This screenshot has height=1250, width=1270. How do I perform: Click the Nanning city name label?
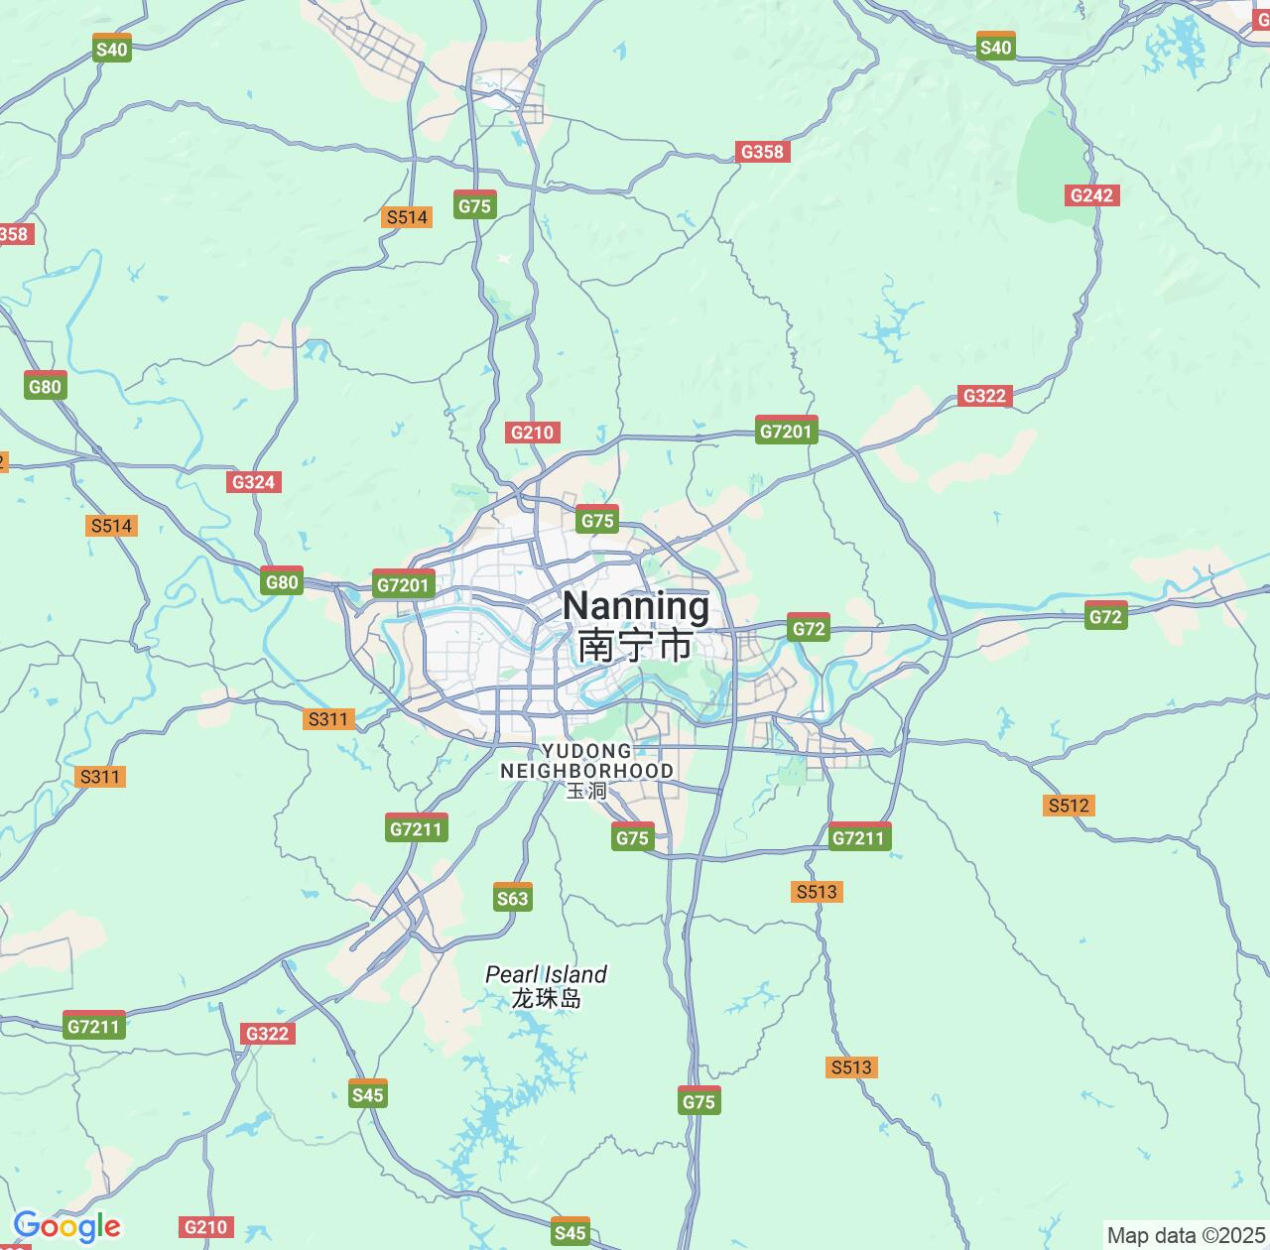pyautogui.click(x=636, y=605)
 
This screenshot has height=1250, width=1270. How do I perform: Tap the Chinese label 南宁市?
pyautogui.click(x=636, y=645)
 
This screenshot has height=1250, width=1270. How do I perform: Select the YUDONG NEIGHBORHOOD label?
pyautogui.click(x=586, y=761)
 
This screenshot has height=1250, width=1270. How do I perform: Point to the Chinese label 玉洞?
pyautogui.click(x=586, y=791)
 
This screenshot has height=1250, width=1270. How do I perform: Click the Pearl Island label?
pyautogui.click(x=546, y=974)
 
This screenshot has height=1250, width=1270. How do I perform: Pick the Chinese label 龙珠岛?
pyautogui.click(x=546, y=998)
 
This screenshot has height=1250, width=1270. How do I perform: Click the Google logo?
pyautogui.click(x=66, y=1226)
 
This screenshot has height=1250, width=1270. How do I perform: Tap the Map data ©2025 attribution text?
pyautogui.click(x=1186, y=1235)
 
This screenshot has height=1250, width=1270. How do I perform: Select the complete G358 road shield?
pyautogui.click(x=762, y=152)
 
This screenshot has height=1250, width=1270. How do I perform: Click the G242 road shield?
pyautogui.click(x=1091, y=195)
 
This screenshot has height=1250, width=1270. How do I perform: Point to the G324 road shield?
pyautogui.click(x=252, y=482)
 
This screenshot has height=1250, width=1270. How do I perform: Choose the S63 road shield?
pyautogui.click(x=513, y=898)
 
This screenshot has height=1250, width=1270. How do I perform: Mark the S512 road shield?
pyautogui.click(x=1069, y=806)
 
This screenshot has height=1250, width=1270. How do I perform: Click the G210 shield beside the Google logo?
pyautogui.click(x=206, y=1227)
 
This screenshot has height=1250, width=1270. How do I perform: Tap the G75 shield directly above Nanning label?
pyautogui.click(x=597, y=520)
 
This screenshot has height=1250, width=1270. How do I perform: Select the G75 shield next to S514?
pyautogui.click(x=474, y=205)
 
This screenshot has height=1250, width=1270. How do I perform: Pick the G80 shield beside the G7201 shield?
pyautogui.click(x=282, y=581)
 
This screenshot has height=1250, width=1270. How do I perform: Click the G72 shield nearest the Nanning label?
pyautogui.click(x=809, y=628)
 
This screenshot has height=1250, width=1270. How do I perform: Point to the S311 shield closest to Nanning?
pyautogui.click(x=328, y=719)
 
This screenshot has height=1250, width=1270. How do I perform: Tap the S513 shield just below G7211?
pyautogui.click(x=817, y=892)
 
